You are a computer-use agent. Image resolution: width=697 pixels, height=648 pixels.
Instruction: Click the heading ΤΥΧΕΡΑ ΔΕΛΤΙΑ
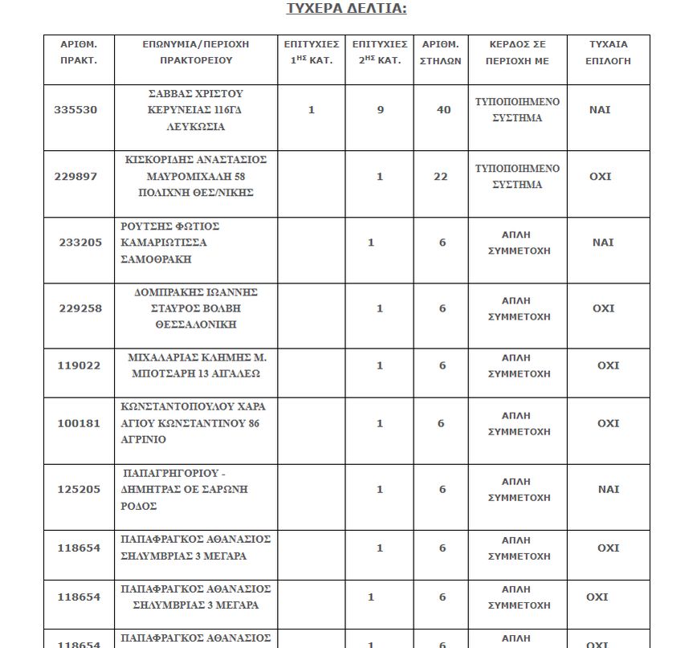347,9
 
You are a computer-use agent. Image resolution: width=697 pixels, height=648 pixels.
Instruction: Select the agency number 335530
75,110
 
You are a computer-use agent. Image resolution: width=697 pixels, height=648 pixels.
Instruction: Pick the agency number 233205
80,242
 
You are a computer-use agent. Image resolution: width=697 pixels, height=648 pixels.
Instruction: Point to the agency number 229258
80,308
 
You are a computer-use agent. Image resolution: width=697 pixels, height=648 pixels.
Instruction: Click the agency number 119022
79,365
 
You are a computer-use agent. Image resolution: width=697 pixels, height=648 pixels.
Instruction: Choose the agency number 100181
79,423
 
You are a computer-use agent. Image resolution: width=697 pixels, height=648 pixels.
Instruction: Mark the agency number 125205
79,489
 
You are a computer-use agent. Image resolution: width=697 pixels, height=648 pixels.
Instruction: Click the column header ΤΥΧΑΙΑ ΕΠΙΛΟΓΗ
609,52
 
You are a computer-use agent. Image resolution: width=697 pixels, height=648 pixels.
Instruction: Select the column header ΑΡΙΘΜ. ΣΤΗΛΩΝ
441,52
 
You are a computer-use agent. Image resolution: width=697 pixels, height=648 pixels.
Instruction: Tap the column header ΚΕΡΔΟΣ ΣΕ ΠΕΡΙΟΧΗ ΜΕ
518,52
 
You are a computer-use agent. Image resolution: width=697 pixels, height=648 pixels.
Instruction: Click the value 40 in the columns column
443,110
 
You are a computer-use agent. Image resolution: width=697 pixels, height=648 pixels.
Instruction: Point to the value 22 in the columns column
441,177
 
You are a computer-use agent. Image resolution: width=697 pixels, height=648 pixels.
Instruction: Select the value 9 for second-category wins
381,110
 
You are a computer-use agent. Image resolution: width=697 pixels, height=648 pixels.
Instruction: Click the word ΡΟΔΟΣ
139,506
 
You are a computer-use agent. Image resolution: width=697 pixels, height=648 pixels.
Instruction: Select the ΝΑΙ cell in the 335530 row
600,110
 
